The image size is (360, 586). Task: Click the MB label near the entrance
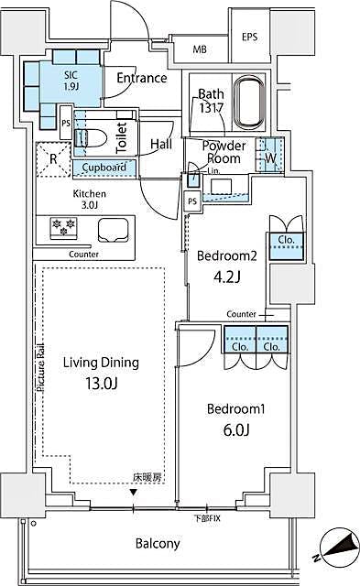coord(199,49)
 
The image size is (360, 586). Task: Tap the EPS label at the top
coord(249,37)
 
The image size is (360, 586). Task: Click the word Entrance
coord(142,78)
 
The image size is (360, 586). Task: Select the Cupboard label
coord(104,168)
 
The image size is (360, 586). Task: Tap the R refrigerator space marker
coord(53,158)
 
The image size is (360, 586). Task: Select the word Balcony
coord(158,544)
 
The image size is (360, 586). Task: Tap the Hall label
coord(161,144)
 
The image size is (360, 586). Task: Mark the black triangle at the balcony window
coord(136,494)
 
